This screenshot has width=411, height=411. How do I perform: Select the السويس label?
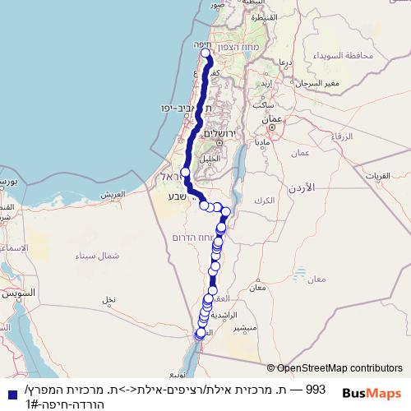coord(16,293)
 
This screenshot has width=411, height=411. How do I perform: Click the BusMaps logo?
coord(372,393)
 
